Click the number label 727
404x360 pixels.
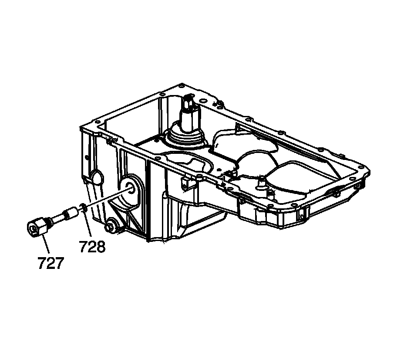click(50, 263)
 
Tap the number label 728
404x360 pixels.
click(92, 247)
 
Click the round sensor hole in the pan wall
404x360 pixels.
click(130, 188)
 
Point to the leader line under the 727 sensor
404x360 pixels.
click(46, 244)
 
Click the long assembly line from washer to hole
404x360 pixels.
click(107, 198)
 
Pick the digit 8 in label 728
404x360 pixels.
click(101, 247)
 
